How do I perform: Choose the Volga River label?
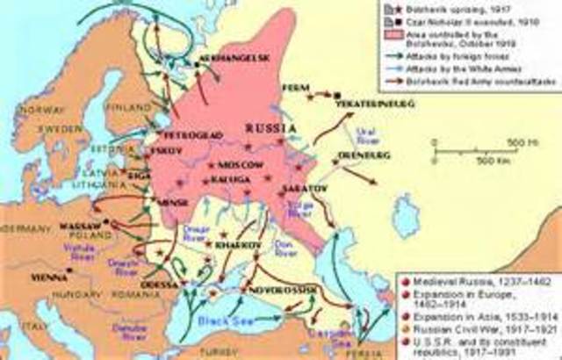[301, 208]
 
